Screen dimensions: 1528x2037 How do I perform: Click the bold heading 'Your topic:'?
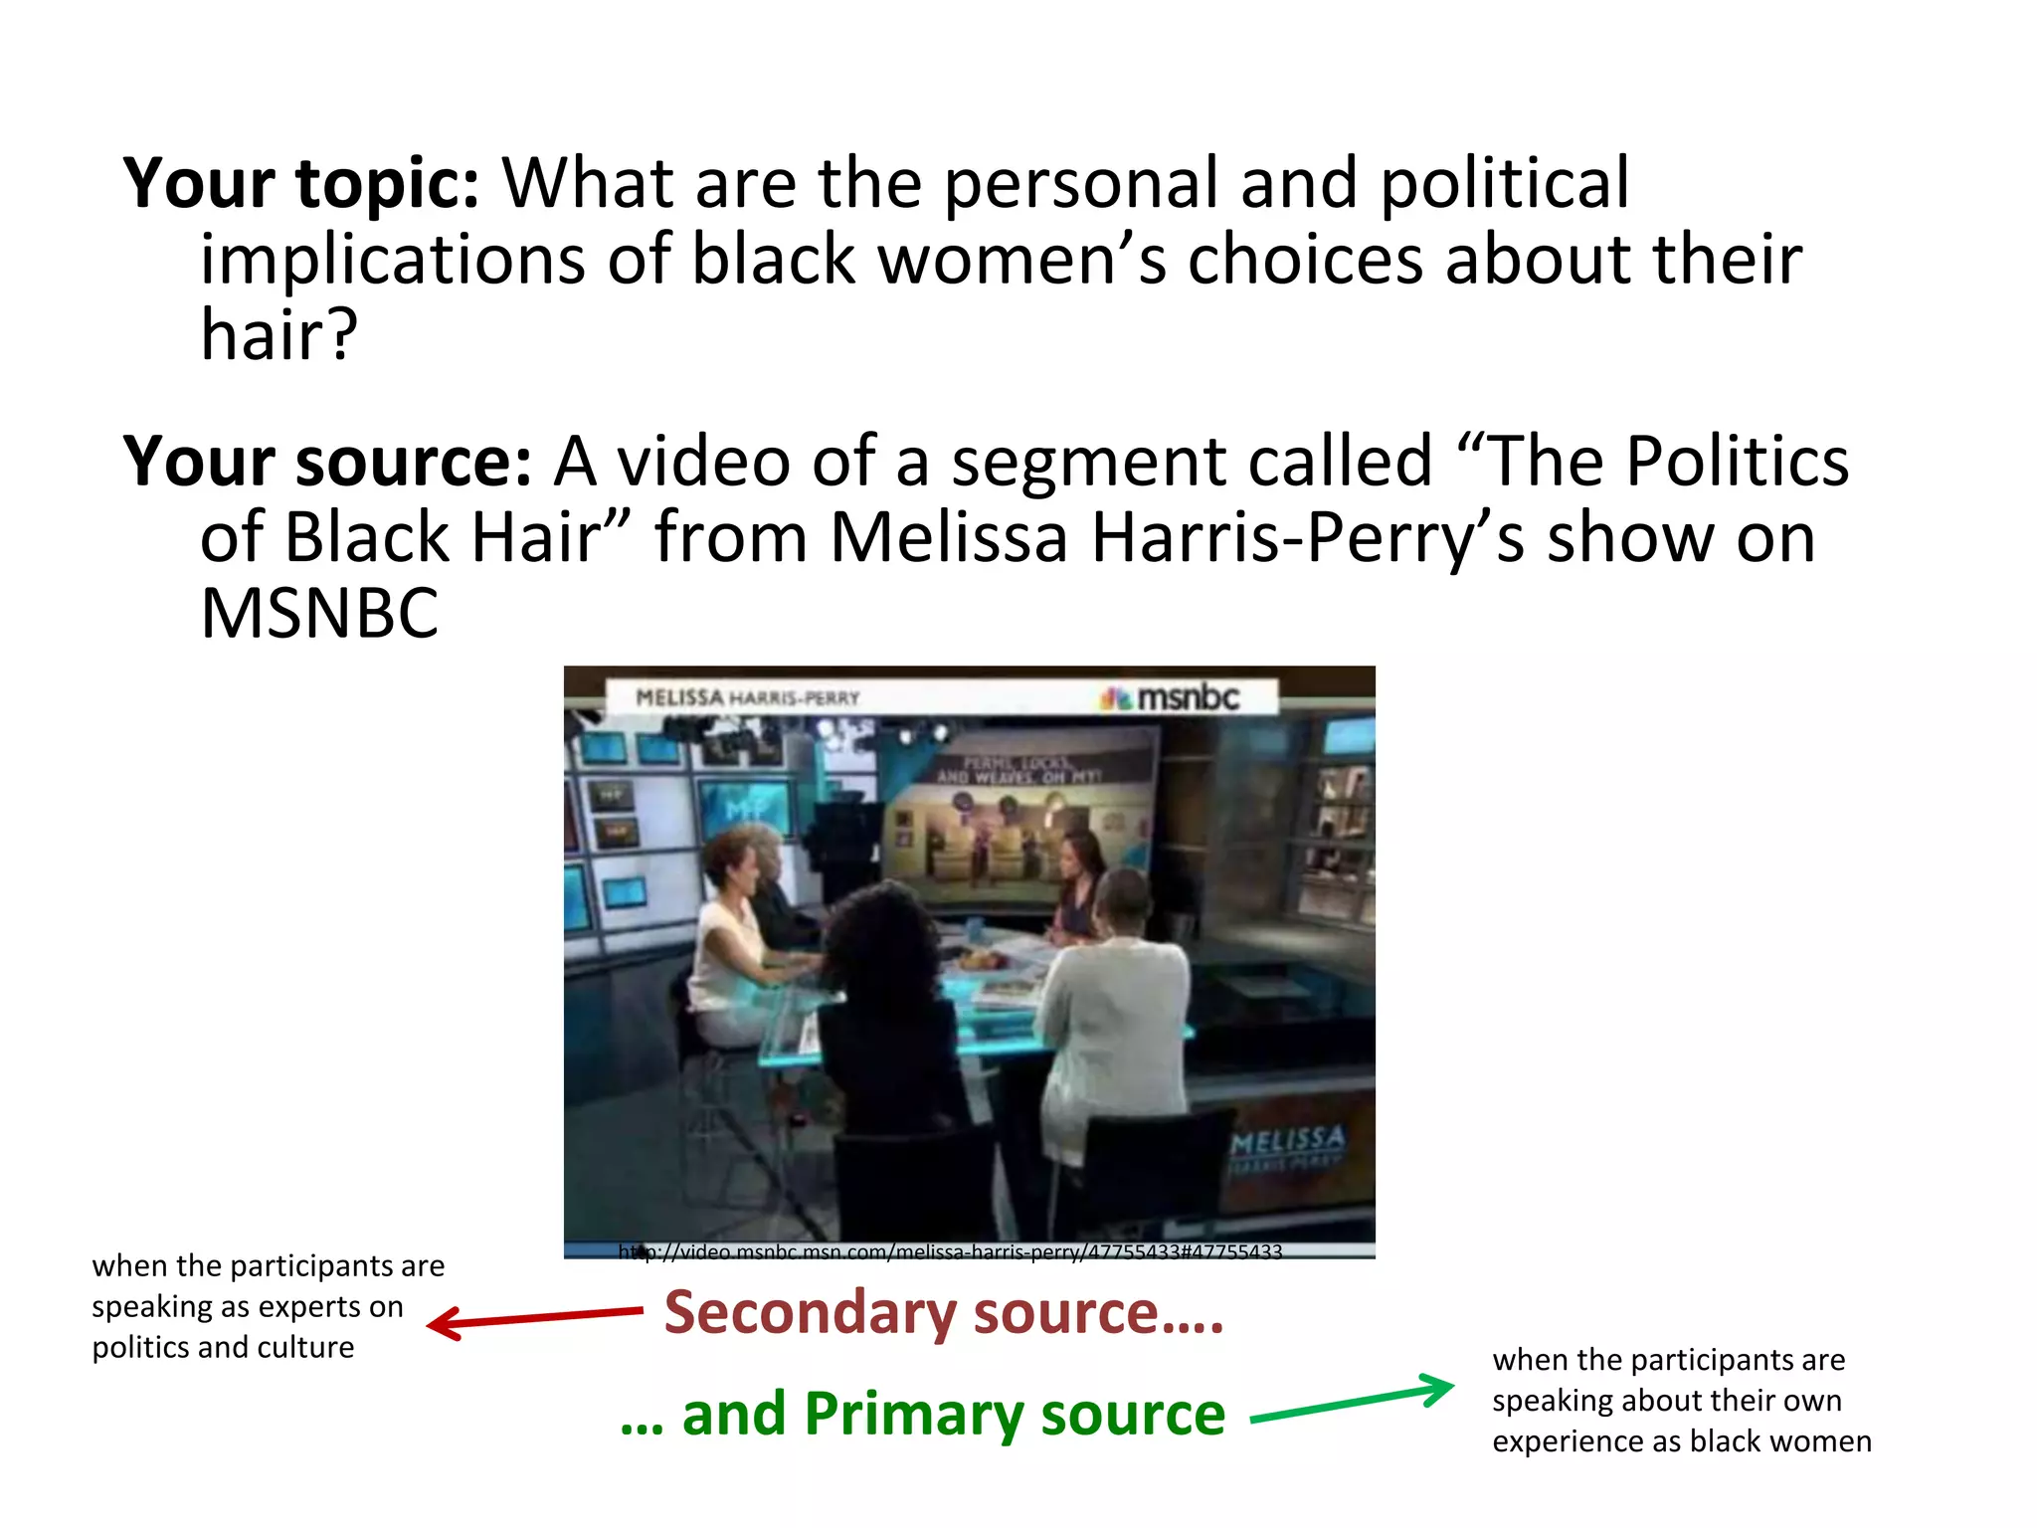300,185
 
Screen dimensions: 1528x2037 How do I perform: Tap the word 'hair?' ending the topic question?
278,336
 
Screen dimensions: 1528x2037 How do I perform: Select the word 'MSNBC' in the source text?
318,614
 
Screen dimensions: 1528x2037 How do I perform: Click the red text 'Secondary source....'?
943,1313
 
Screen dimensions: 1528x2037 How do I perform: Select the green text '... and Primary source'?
923,1415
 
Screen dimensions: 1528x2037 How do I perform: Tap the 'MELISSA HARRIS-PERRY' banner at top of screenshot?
747,698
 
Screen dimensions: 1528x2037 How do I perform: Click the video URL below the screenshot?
950,1252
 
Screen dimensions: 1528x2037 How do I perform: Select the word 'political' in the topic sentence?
1504,185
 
